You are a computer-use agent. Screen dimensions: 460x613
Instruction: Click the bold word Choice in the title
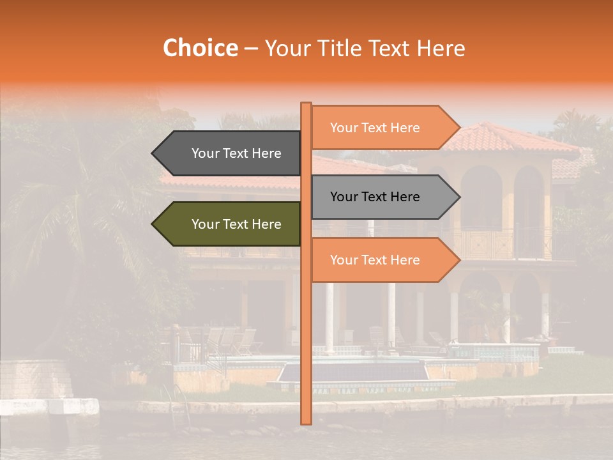click(200, 48)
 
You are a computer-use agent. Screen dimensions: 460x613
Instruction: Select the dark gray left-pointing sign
click(230, 153)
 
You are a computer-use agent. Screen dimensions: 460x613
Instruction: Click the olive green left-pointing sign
click(230, 224)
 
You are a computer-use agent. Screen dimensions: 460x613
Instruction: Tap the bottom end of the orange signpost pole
click(306, 421)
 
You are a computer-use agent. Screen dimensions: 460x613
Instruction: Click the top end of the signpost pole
click(306, 105)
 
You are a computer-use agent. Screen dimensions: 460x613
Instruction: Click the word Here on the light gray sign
click(404, 197)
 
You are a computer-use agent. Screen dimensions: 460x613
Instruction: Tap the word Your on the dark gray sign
click(206, 153)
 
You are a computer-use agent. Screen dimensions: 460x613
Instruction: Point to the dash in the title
click(251, 49)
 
